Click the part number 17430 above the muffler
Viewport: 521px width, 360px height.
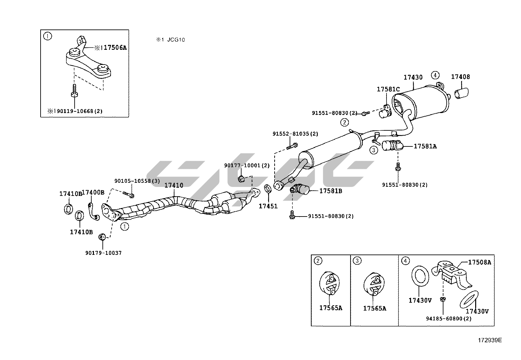[x=413, y=78]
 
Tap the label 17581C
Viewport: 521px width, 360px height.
[x=388, y=89]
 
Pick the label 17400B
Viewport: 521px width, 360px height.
[x=93, y=192]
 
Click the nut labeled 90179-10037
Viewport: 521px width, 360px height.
[x=102, y=236]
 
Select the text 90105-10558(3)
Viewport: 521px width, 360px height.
[x=137, y=181]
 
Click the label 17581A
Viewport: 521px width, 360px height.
[x=425, y=146]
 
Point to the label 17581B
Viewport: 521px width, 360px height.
[x=331, y=191]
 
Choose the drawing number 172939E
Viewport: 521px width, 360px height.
[x=489, y=340]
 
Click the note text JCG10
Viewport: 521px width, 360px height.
[x=176, y=40]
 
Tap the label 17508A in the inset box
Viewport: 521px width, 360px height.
[x=479, y=262]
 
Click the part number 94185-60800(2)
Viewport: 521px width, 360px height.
[x=449, y=318]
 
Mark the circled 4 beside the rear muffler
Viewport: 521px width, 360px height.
[x=435, y=75]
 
